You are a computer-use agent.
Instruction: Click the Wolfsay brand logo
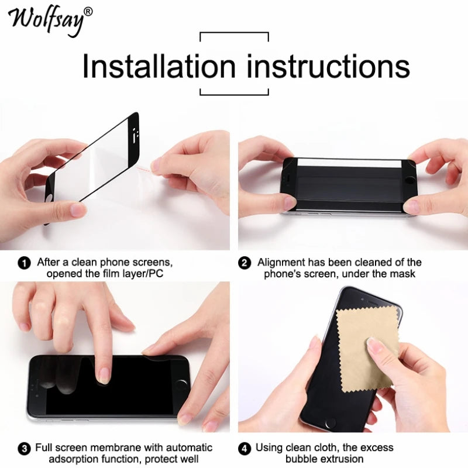point(47,20)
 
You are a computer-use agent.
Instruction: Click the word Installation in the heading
point(160,66)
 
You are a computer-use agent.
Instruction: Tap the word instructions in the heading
point(328,66)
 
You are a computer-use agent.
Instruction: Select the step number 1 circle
point(25,263)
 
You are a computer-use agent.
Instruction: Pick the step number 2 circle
point(245,263)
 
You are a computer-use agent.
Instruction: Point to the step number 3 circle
point(25,449)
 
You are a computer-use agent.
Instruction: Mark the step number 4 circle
point(245,449)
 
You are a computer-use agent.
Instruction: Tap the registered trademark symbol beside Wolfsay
point(88,11)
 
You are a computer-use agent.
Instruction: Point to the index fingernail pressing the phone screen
point(104,375)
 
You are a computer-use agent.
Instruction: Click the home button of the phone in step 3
point(181,384)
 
